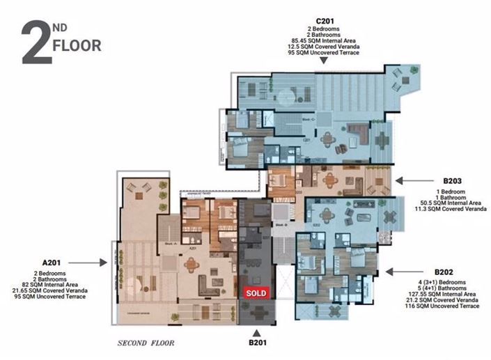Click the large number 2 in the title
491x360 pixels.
[36, 43]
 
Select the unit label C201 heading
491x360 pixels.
[321, 20]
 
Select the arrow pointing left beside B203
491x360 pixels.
[401, 180]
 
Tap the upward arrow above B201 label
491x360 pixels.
[258, 332]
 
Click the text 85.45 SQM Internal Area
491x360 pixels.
[321, 40]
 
